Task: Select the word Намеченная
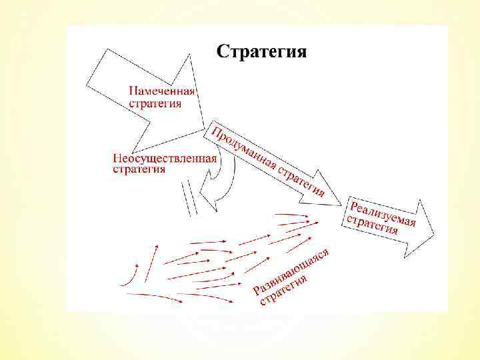tap(161, 91)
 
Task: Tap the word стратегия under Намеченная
tap(155, 104)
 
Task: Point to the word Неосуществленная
tap(165, 158)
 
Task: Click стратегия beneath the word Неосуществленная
tap(138, 169)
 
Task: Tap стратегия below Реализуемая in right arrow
tap(370, 225)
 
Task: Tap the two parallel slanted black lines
tap(191, 201)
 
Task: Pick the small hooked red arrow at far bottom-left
tap(130, 276)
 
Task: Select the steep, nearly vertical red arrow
tap(155, 257)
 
